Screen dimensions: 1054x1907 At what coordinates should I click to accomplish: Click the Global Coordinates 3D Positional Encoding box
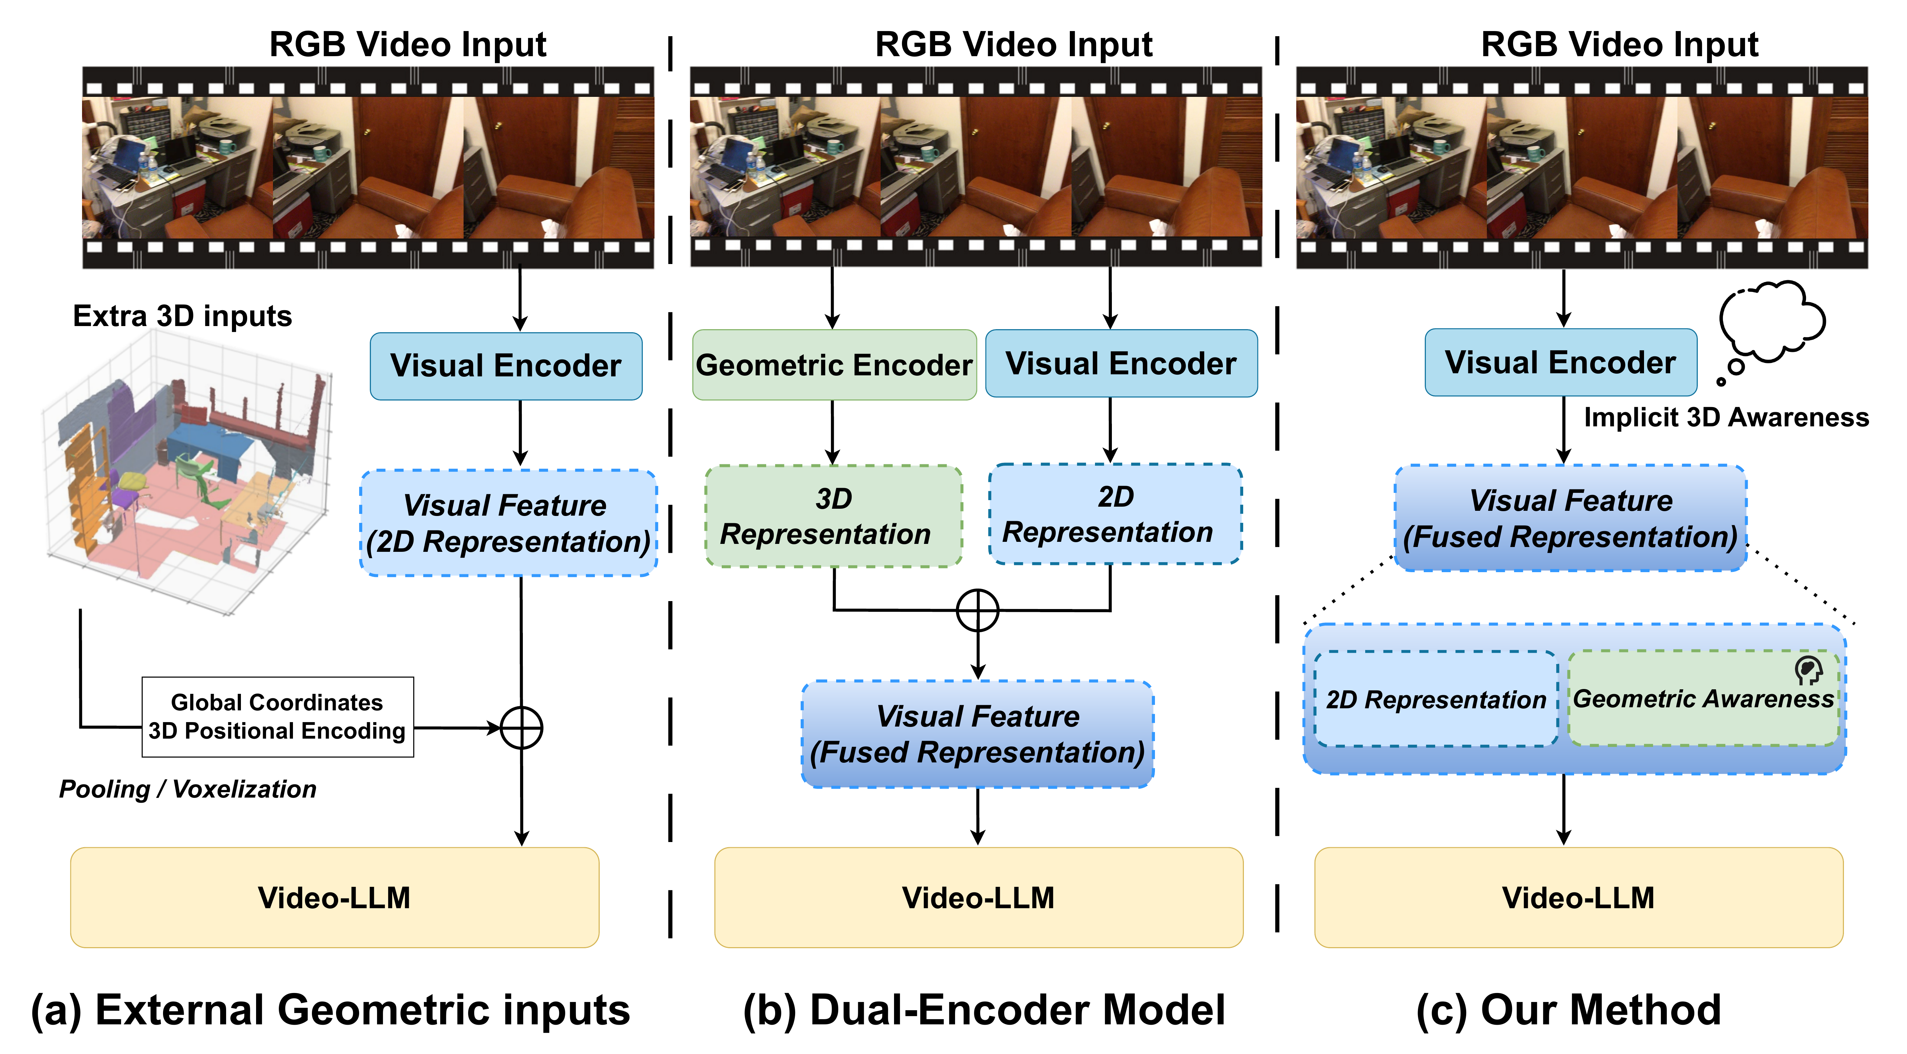tap(277, 717)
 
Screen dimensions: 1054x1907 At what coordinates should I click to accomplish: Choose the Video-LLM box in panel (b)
tap(978, 897)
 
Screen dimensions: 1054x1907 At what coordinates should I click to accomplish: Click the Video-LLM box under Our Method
tap(1578, 897)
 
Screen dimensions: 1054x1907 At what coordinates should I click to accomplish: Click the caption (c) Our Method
tap(1568, 1010)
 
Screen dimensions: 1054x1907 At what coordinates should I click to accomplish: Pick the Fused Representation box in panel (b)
tap(977, 733)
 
